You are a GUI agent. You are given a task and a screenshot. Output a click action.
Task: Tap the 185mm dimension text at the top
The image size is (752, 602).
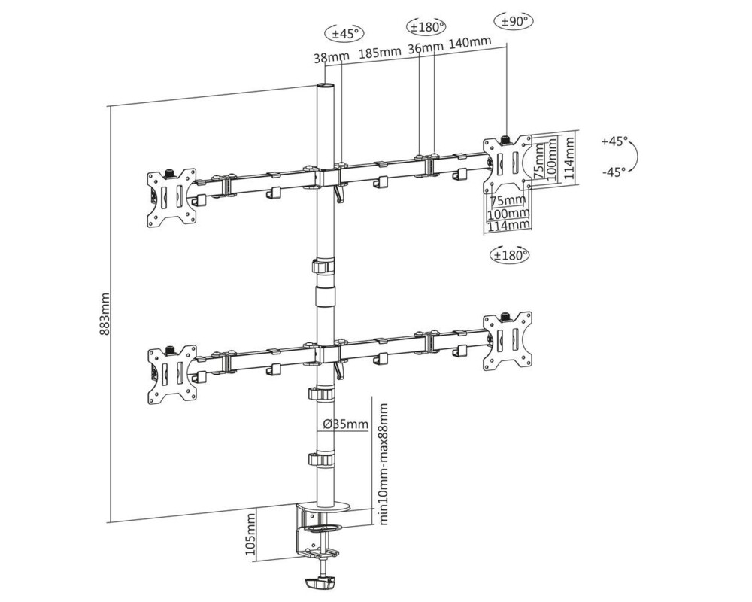(x=380, y=53)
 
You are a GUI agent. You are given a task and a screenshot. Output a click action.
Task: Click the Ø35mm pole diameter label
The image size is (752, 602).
(x=345, y=424)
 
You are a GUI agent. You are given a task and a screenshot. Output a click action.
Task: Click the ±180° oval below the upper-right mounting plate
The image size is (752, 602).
(x=510, y=254)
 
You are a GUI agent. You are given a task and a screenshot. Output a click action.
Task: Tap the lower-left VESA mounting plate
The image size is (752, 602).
(x=172, y=374)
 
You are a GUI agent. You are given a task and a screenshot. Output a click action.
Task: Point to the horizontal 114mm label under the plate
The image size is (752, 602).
(x=508, y=225)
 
